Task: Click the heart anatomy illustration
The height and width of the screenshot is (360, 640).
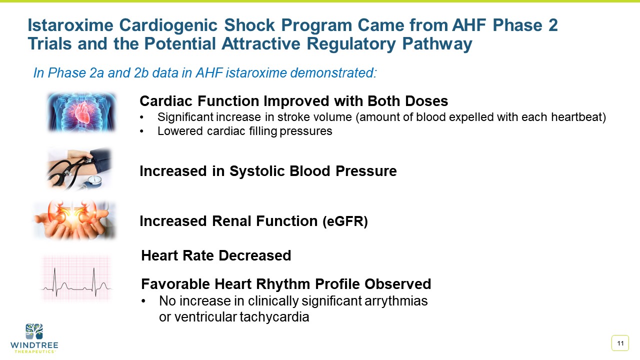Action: pos(81,111)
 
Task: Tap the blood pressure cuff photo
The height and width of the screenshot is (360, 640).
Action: pos(80,169)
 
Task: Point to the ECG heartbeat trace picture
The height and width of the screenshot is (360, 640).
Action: pos(76,278)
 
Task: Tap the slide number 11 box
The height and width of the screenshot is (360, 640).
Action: pos(620,343)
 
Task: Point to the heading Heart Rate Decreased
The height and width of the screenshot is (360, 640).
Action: pos(216,255)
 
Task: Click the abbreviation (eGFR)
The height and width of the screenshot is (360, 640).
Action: pos(344,221)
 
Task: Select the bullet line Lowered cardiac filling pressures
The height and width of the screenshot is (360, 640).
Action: pos(244,131)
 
